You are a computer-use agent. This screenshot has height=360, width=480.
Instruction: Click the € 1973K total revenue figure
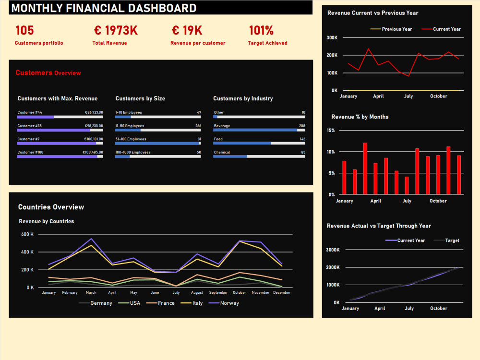pyautogui.click(x=116, y=31)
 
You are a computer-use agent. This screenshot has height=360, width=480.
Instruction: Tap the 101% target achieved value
pyautogui.click(x=261, y=31)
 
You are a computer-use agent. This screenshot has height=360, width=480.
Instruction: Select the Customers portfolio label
pyautogui.click(x=39, y=43)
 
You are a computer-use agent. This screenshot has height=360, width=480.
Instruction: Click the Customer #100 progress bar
pyautogui.click(x=60, y=156)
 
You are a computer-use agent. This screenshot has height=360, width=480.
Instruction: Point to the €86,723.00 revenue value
pyautogui.click(x=94, y=112)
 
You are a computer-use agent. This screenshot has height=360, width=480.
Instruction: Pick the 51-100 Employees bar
pyautogui.click(x=158, y=143)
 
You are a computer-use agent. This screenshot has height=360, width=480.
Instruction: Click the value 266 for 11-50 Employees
pyautogui.click(x=198, y=126)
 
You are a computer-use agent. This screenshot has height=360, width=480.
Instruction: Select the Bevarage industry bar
pyautogui.click(x=259, y=130)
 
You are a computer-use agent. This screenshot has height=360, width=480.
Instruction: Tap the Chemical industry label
pyautogui.click(x=222, y=152)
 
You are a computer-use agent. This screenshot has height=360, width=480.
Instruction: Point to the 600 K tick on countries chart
pyautogui.click(x=27, y=234)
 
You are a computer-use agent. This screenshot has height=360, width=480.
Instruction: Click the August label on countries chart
pyautogui.click(x=197, y=292)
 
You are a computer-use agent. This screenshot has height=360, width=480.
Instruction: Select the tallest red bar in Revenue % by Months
pyautogui.click(x=365, y=168)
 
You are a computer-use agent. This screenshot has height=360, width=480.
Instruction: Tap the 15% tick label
pyautogui.click(x=331, y=130)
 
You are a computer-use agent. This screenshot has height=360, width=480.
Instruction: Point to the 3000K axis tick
pyautogui.click(x=333, y=250)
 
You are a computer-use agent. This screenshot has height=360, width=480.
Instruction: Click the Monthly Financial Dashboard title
pyautogui.click(x=104, y=8)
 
